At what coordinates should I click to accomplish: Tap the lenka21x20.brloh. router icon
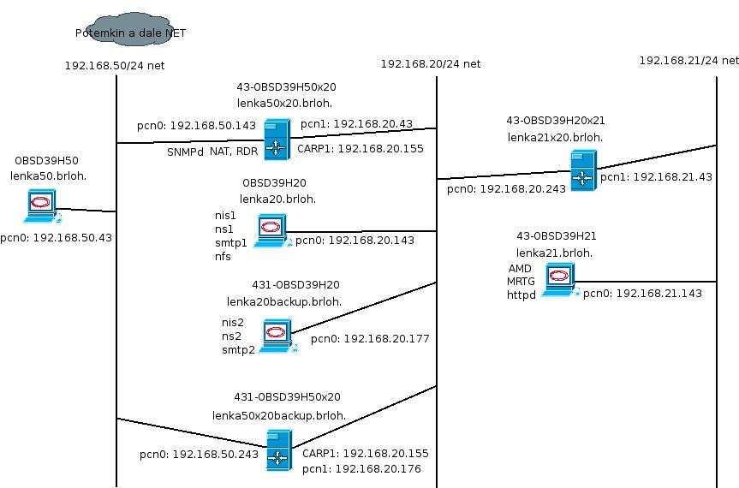point(583,170)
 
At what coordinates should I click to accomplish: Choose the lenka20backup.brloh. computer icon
point(277,335)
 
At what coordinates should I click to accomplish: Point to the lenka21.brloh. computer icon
point(559,279)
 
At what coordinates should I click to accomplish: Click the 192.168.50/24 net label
point(114,65)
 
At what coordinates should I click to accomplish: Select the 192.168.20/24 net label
point(430,63)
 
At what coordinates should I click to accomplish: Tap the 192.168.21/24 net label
point(688,60)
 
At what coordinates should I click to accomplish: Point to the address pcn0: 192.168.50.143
point(196,126)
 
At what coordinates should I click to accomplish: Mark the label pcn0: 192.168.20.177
point(370,339)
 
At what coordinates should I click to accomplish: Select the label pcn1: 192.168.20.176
point(361,469)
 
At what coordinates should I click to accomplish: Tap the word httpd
point(521,294)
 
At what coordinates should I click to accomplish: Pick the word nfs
point(223,256)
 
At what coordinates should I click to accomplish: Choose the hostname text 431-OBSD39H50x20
point(287,397)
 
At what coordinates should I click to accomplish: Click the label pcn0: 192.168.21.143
point(642,294)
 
